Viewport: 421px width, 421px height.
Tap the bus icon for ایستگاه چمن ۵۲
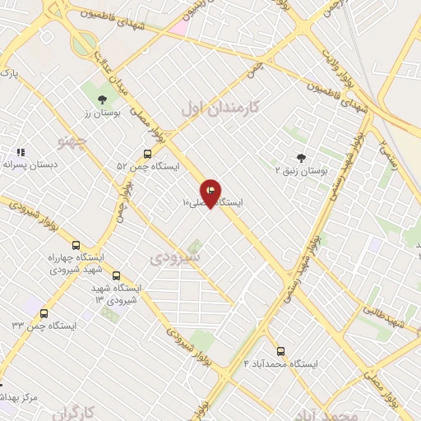147,153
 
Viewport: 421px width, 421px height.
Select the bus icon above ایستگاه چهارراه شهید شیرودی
76,245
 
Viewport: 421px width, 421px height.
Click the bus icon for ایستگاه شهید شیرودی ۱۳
115,275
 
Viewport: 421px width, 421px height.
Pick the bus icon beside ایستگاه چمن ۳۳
44,312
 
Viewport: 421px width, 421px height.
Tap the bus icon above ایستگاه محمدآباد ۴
281,350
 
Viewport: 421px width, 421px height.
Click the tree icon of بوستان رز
102,99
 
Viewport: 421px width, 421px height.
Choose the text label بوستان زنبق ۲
301,170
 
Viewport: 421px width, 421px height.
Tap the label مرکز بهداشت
19,397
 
